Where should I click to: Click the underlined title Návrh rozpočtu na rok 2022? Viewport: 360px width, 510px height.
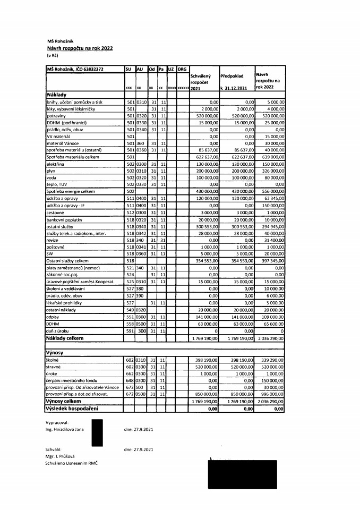pyautogui.click(x=79, y=48)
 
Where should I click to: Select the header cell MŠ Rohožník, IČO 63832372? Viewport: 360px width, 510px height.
pyautogui.click(x=75, y=69)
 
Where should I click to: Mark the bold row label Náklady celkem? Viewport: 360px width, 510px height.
pyautogui.click(x=66, y=337)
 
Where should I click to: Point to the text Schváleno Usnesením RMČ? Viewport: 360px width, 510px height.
pyautogui.click(x=72, y=463)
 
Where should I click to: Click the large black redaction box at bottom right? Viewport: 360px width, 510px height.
pyautogui.click(x=243, y=474)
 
